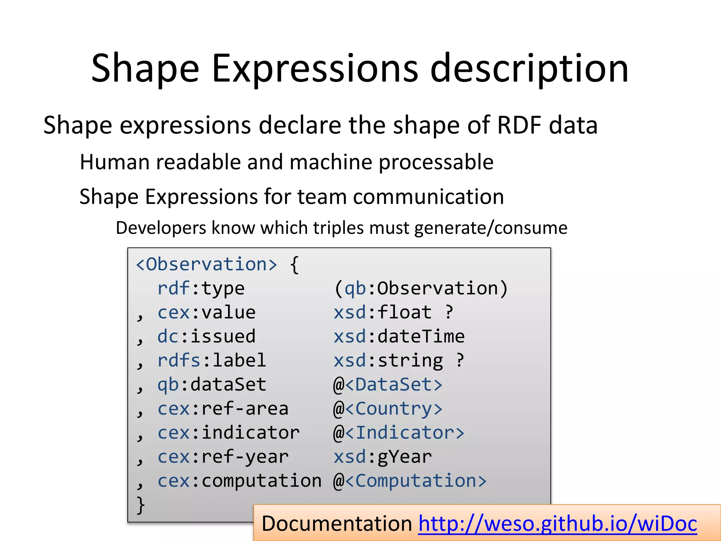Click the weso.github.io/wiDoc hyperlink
click(557, 523)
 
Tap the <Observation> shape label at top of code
click(207, 264)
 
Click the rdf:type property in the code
click(201, 288)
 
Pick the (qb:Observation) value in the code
click(421, 288)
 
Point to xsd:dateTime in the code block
click(399, 336)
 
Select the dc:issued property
click(206, 336)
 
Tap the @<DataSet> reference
click(388, 385)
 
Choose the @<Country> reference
click(388, 409)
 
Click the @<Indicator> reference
click(399, 433)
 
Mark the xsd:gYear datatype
click(382, 457)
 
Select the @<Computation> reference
click(410, 481)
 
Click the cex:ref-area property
click(223, 409)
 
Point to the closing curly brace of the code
click(140, 505)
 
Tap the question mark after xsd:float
click(449, 312)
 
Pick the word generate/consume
click(491, 228)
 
